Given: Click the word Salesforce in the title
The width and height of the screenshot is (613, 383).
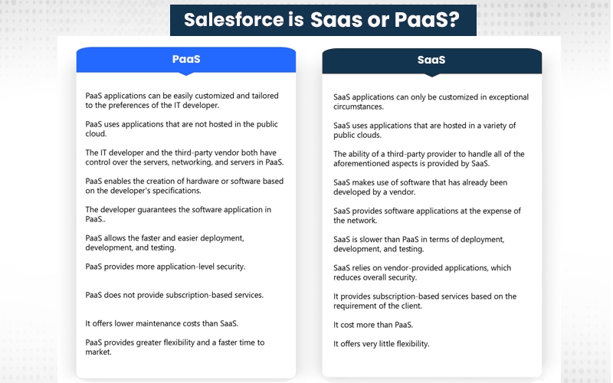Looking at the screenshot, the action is [x=234, y=20].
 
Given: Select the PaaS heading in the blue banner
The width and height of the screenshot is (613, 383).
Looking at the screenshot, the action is [x=186, y=59].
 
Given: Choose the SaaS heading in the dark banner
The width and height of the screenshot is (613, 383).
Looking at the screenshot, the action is [x=431, y=60].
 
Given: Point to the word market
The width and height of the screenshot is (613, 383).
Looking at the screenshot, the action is [x=98, y=352].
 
